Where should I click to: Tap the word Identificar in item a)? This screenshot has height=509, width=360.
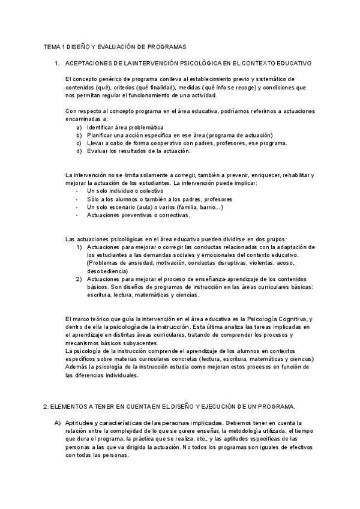tap(100, 127)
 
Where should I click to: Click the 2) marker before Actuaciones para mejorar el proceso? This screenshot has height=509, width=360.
tap(79, 279)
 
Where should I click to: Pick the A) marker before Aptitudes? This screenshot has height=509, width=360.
tap(58, 423)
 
